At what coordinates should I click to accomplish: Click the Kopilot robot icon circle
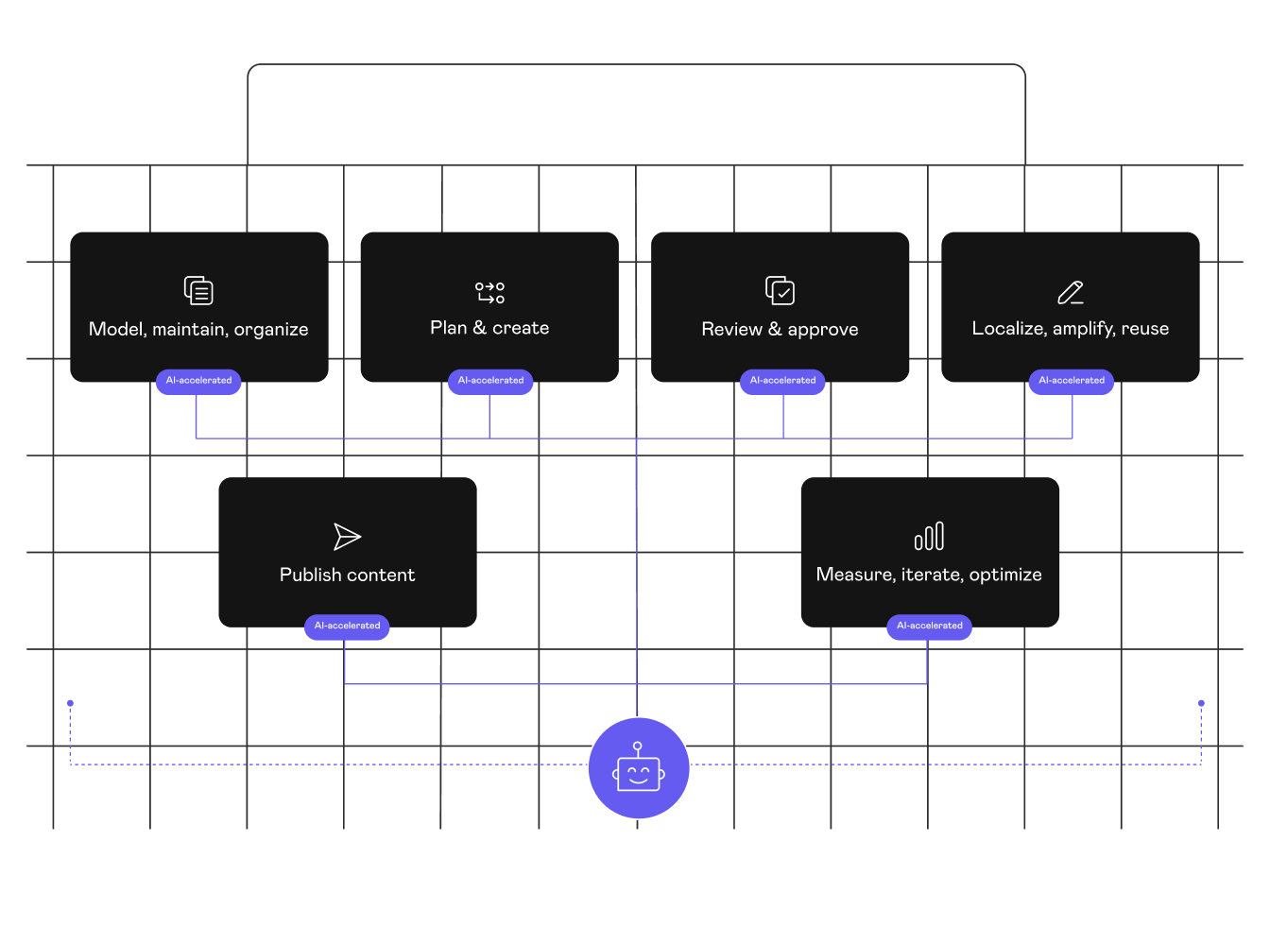pyautogui.click(x=639, y=767)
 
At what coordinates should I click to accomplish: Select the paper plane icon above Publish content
pyautogui.click(x=347, y=537)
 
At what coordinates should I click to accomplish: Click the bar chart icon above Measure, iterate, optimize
pyautogui.click(x=929, y=536)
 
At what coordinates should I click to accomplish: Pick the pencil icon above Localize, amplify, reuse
pyautogui.click(x=1070, y=292)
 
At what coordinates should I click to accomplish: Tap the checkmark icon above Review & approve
pyautogui.click(x=780, y=290)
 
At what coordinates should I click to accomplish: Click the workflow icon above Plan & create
pyautogui.click(x=489, y=292)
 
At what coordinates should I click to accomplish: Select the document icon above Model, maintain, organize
pyautogui.click(x=198, y=290)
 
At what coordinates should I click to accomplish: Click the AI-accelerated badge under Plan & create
pyautogui.click(x=490, y=381)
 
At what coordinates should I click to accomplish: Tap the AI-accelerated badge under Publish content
pyautogui.click(x=347, y=626)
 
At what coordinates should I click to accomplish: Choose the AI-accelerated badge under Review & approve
pyautogui.click(x=782, y=381)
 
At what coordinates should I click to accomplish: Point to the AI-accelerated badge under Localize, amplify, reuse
pyautogui.click(x=1072, y=381)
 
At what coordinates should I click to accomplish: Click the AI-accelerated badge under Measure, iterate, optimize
pyautogui.click(x=929, y=626)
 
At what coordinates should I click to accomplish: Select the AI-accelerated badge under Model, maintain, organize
pyautogui.click(x=198, y=381)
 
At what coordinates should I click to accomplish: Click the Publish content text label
pyautogui.click(x=347, y=575)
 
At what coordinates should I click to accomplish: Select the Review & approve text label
pyautogui.click(x=780, y=329)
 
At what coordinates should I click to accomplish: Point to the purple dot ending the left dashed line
pyautogui.click(x=70, y=703)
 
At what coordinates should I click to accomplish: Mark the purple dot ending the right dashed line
pyautogui.click(x=1201, y=703)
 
